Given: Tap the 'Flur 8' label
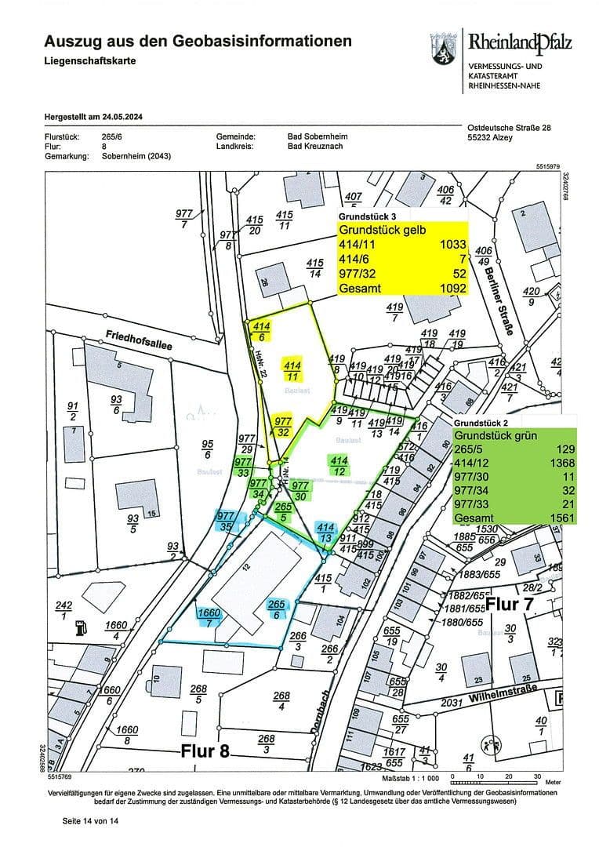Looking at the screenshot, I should tap(205, 751).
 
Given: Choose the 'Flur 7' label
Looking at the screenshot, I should tap(514, 605).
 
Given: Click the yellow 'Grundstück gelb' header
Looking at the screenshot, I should tap(382, 231).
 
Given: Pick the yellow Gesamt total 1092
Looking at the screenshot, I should tap(452, 289).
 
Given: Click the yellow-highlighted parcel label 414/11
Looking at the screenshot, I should tap(292, 371).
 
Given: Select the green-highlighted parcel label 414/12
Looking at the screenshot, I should tap(339, 466).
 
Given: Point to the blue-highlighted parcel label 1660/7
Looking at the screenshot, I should tap(207, 617).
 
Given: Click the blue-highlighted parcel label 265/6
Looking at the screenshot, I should tap(276, 610).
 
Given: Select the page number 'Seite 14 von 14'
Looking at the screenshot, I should tap(90, 821).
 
